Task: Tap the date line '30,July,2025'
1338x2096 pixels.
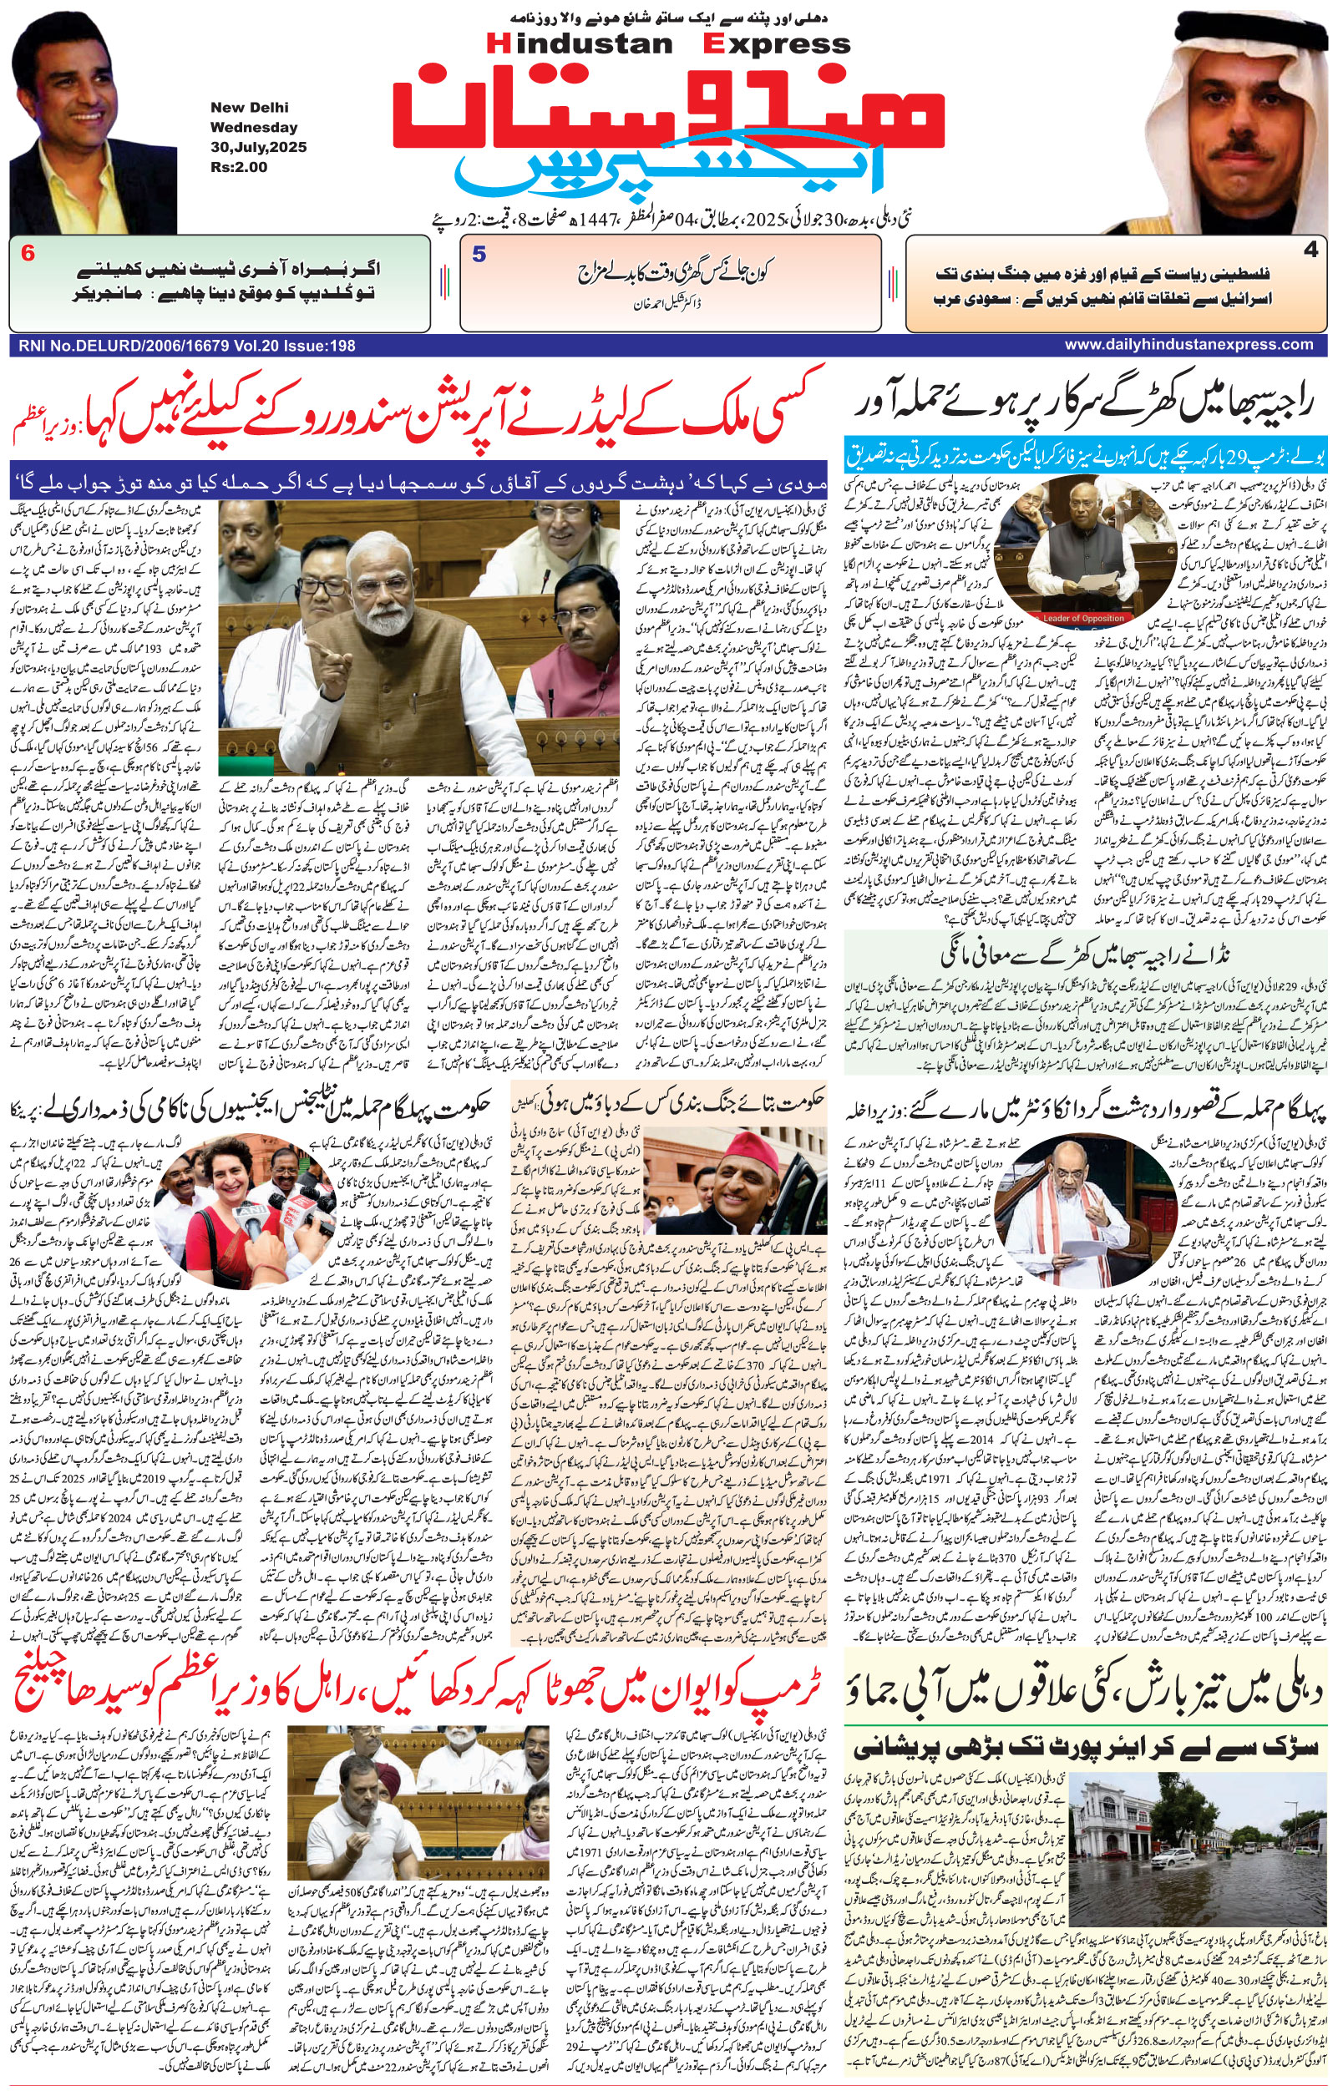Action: tap(258, 147)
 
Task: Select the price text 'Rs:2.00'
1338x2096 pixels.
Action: tap(239, 167)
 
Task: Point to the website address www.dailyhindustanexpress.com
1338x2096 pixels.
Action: tap(1188, 345)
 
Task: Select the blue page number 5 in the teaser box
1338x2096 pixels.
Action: tap(479, 255)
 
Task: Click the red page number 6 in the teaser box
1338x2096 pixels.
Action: tap(28, 254)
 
